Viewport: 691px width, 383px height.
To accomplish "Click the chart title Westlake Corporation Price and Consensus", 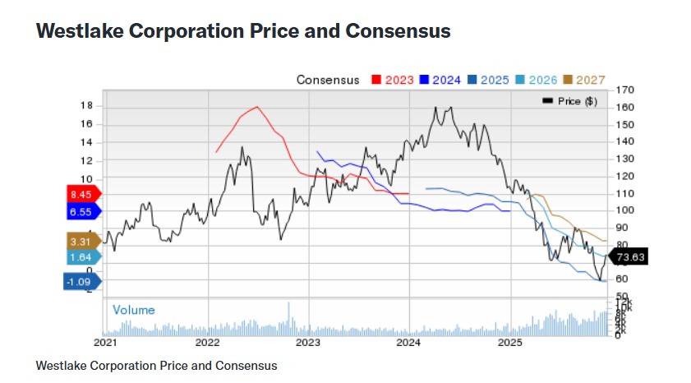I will [x=243, y=31].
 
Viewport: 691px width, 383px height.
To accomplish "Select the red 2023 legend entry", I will [x=393, y=80].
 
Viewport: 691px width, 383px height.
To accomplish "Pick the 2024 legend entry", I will [x=441, y=80].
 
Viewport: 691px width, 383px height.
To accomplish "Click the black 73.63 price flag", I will [x=631, y=256].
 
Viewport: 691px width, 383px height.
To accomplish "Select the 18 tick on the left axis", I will [x=86, y=106].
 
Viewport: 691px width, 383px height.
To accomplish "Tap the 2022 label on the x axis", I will [x=207, y=341].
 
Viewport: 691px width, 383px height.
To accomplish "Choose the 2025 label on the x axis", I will [x=510, y=341].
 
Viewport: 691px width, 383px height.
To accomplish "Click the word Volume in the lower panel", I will [x=133, y=310].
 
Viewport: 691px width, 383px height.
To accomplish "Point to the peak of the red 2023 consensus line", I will [x=257, y=107].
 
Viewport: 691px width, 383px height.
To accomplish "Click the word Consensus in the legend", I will [x=328, y=80].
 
